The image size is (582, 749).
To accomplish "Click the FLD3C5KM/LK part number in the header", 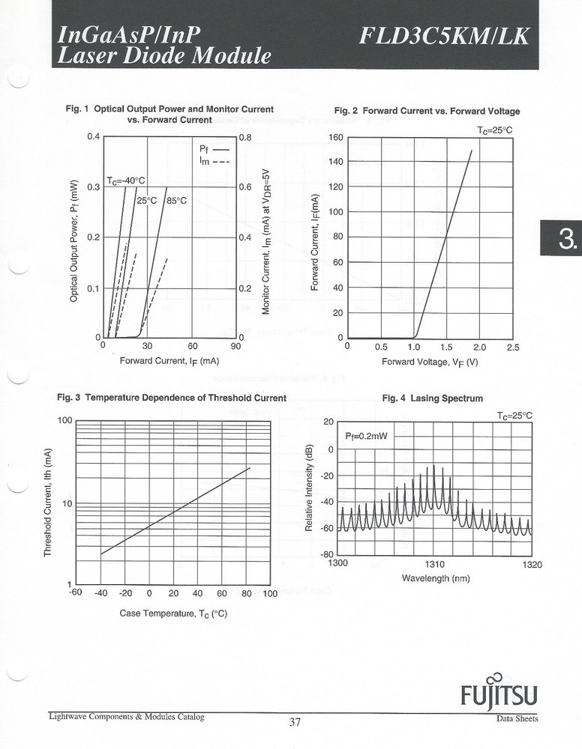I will (x=443, y=35).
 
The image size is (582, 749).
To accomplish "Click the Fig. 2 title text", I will (x=426, y=111).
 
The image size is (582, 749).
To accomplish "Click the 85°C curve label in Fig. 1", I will (x=176, y=201).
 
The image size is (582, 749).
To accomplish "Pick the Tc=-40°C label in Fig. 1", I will (x=125, y=181).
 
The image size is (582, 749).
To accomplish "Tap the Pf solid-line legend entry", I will (x=213, y=149).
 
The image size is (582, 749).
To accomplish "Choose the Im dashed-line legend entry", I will (x=213, y=160).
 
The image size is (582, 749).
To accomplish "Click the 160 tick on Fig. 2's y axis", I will (x=335, y=138).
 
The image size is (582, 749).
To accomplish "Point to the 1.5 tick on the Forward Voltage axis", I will (x=446, y=348).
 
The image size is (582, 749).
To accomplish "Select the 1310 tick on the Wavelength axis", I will (x=435, y=564).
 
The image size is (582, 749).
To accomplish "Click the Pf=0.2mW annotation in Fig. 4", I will (x=366, y=435).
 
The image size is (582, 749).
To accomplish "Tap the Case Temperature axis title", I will (x=173, y=614).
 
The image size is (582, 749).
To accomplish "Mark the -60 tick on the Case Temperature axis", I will (x=75, y=594).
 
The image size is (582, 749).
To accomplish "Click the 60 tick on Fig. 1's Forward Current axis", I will (x=192, y=347).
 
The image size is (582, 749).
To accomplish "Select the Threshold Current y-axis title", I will (x=47, y=501).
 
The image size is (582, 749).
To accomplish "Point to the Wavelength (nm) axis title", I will (x=436, y=578).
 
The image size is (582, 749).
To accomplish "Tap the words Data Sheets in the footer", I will (x=517, y=719).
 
